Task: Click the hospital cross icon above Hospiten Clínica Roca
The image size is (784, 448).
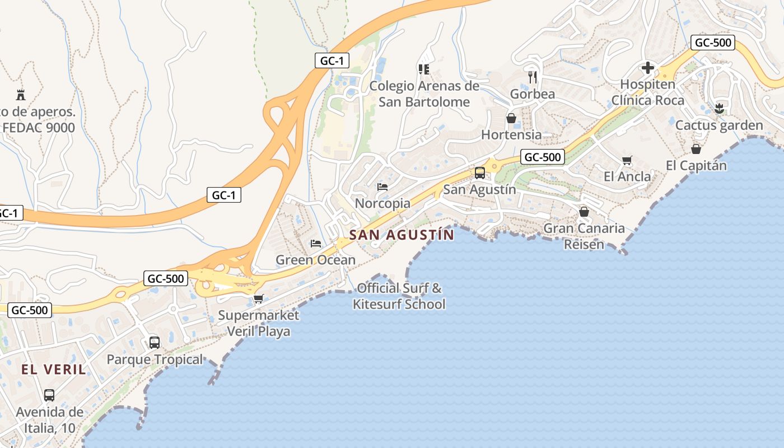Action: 648,68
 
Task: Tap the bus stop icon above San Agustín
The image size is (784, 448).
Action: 480,172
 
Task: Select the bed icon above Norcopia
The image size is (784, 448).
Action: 382,186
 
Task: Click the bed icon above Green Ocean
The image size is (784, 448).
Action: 316,244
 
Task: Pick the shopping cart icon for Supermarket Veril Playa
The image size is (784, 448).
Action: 258,298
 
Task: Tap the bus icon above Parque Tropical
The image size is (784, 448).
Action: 155,342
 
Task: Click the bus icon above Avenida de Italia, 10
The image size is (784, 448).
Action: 49,395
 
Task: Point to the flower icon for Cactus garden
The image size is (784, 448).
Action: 720,108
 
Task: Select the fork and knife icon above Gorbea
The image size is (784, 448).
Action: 533,77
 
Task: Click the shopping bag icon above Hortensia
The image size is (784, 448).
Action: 511,118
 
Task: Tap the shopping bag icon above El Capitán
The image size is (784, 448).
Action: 696,149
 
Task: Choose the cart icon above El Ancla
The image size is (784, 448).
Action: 627,161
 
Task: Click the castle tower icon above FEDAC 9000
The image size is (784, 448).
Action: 21,94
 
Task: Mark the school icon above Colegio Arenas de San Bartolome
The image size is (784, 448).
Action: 424,69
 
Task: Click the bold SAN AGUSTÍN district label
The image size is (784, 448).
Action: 402,235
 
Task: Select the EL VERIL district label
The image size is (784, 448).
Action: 54,370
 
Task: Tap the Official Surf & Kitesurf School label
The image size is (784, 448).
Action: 399,296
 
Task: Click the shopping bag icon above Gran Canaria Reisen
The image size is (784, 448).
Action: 584,212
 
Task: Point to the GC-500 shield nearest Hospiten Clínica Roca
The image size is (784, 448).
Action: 712,43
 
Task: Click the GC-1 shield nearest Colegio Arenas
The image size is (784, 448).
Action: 332,60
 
